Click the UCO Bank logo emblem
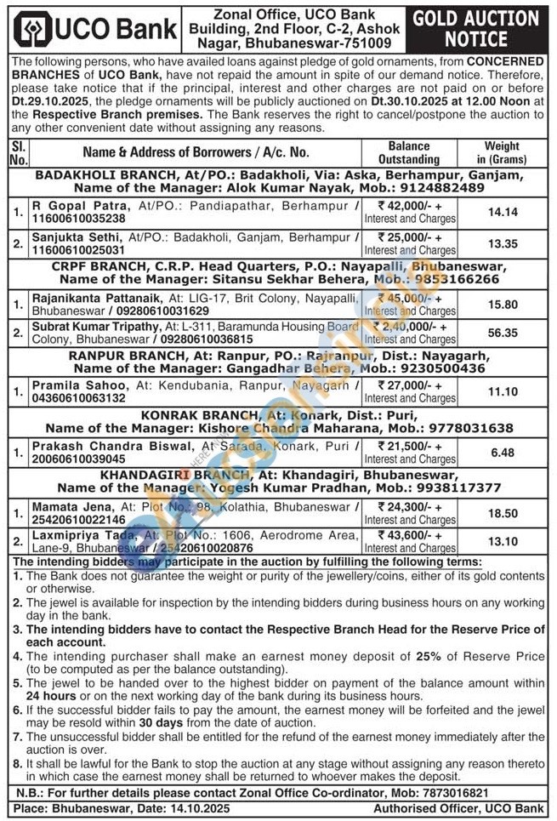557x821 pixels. (x=33, y=30)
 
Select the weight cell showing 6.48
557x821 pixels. (x=502, y=453)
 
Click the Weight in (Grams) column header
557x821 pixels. (x=502, y=152)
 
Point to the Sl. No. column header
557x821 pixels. (x=19, y=152)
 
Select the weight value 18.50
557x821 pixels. (x=502, y=514)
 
